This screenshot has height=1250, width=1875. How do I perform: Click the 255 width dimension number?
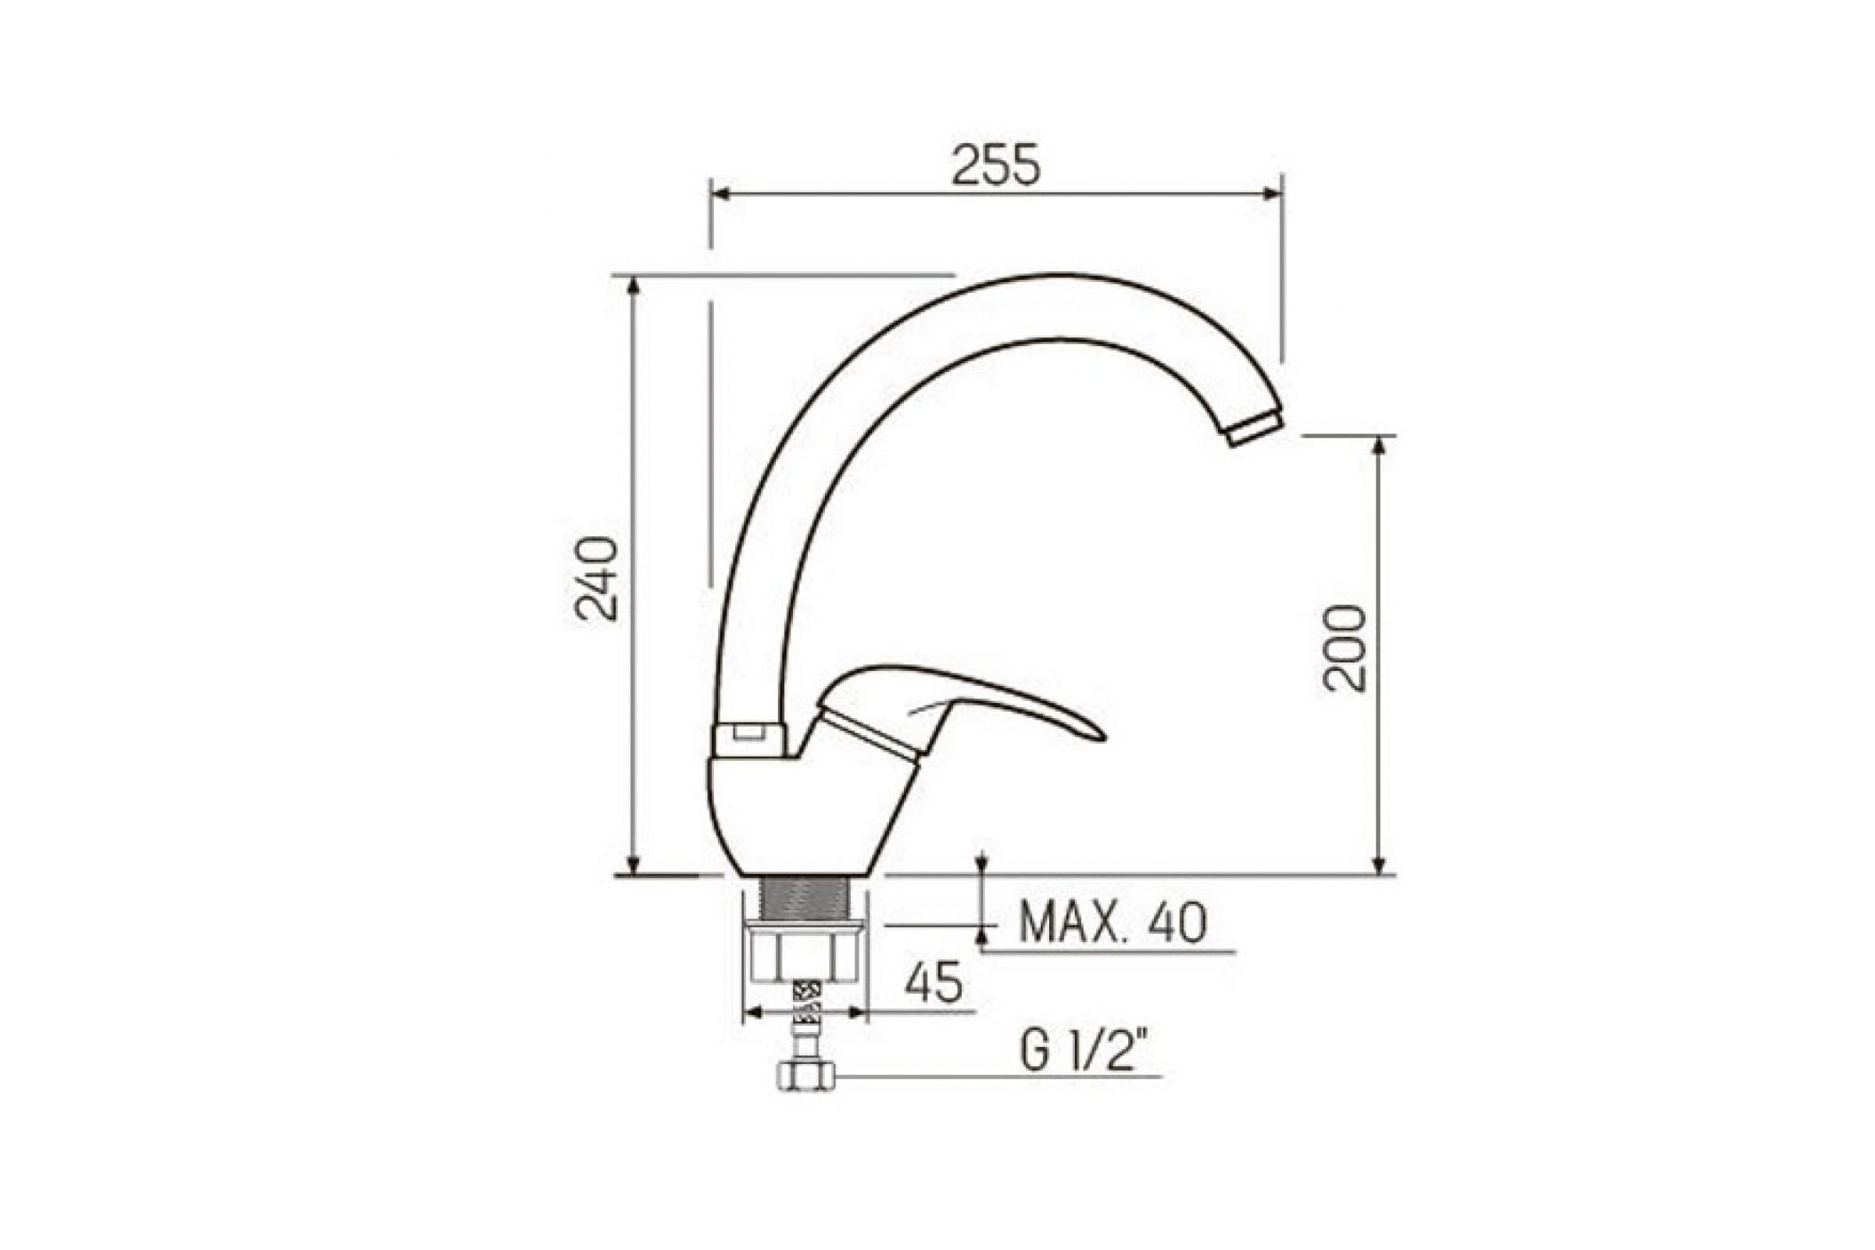pos(997,166)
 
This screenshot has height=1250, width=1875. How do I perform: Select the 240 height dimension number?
pos(596,579)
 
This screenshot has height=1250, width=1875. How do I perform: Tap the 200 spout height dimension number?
pos(1345,648)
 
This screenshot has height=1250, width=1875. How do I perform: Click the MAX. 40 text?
pos(1112,923)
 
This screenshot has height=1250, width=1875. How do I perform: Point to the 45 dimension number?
pos(934,983)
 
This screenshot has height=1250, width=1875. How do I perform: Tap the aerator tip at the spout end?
pos(1254,429)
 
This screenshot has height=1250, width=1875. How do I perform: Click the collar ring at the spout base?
pos(748,739)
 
